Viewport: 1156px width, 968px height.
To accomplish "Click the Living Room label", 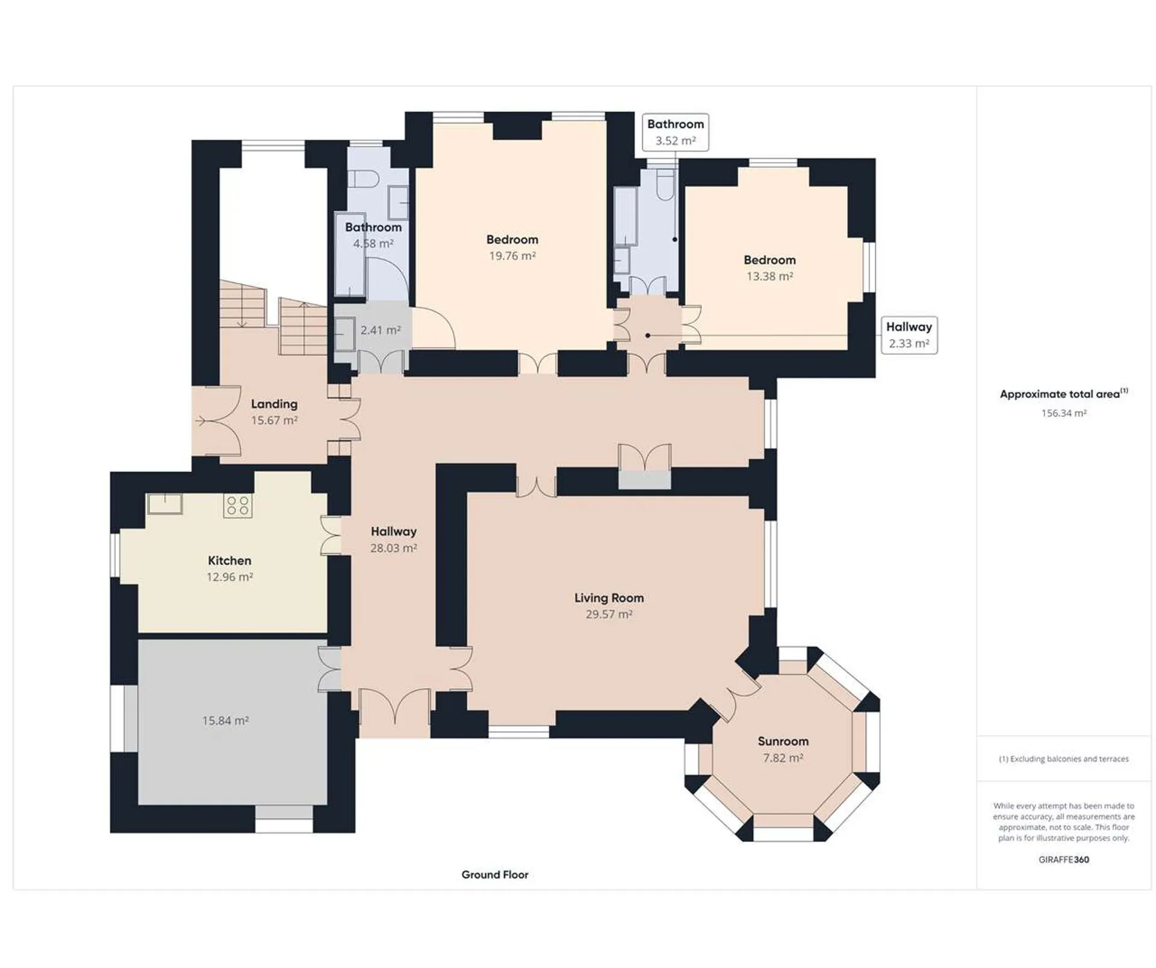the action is coord(609,597).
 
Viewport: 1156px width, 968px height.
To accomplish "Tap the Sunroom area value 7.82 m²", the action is coord(783,758).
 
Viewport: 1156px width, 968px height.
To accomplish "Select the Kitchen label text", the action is coord(229,560).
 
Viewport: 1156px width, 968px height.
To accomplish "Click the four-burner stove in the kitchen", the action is coord(237,505).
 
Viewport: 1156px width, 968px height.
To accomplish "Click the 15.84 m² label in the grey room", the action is coord(225,720).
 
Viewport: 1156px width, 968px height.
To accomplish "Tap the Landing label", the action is coord(274,404).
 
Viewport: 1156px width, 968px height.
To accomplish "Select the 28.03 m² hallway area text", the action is coord(394,548).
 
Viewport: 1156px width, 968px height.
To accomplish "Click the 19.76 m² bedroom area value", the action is coord(512,256).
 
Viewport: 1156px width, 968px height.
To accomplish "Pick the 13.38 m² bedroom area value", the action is coord(769,276).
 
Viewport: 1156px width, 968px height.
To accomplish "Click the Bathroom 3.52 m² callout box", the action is coord(675,132).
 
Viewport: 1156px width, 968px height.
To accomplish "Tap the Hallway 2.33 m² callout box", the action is coord(909,335).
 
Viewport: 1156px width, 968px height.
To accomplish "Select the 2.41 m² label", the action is coord(381,330).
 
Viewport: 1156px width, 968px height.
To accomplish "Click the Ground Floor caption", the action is coord(495,875).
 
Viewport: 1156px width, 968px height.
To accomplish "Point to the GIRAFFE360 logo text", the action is coord(1064,860).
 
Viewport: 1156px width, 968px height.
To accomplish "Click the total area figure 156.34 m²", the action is coord(1064,413).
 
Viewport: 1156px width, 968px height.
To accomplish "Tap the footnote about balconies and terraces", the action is coord(1064,759).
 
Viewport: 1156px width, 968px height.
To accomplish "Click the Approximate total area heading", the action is coord(1064,394).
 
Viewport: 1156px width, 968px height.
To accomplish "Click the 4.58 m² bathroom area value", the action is coord(373,244).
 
